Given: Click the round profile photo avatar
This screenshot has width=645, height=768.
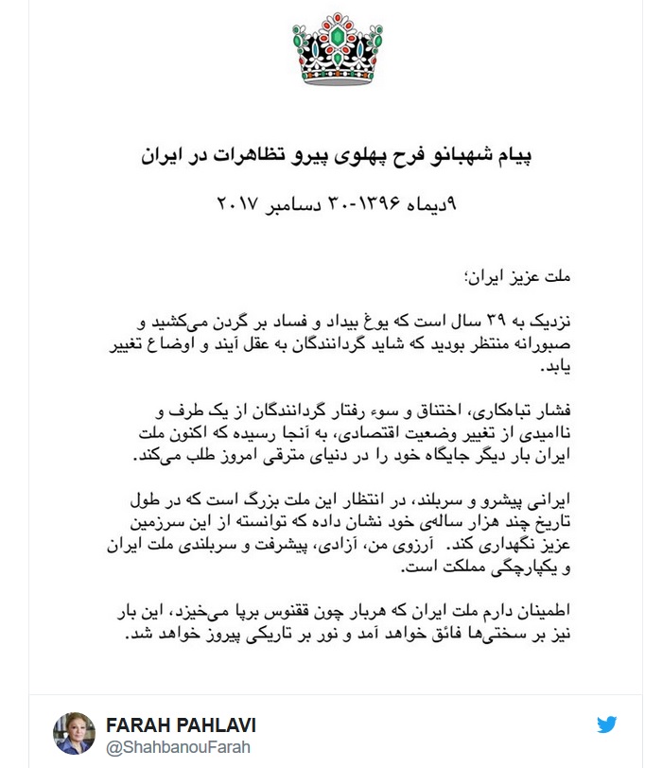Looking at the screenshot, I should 74,733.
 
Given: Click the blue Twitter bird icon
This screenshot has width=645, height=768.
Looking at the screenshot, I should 607,725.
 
